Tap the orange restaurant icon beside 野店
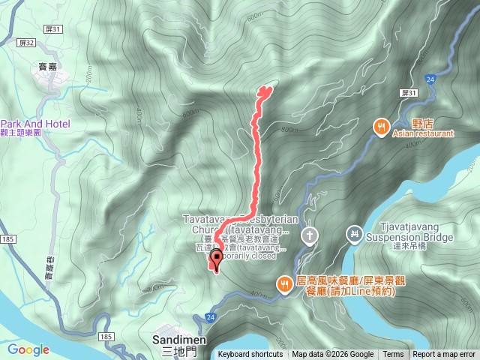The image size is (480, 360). [x=381, y=127]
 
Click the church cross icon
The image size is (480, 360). [x=307, y=236]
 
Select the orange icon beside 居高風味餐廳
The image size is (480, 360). [x=284, y=283]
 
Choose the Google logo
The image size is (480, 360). [x=28, y=349]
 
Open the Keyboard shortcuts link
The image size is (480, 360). [x=250, y=355]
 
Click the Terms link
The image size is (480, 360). [x=393, y=355]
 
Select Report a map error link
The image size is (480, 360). [x=444, y=355]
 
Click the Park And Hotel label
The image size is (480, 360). [x=35, y=124]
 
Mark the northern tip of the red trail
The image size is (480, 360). [x=264, y=89]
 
